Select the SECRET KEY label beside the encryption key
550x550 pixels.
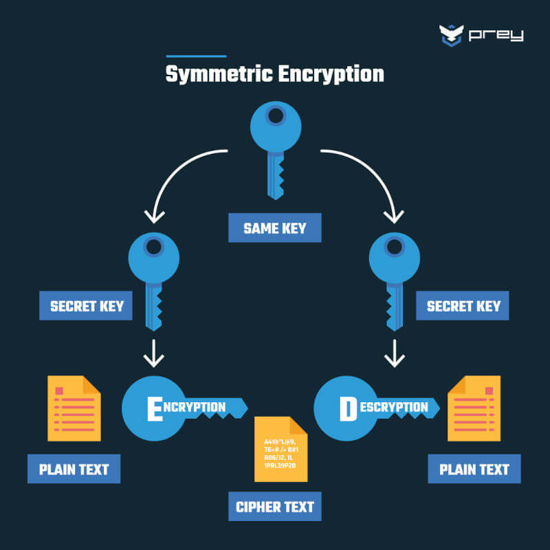click(x=87, y=306)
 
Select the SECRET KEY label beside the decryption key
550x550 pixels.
click(x=463, y=306)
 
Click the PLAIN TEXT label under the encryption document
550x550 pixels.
click(x=74, y=470)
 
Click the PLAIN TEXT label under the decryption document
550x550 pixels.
click(x=474, y=470)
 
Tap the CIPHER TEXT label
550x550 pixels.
click(x=275, y=507)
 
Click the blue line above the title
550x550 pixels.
click(x=196, y=56)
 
